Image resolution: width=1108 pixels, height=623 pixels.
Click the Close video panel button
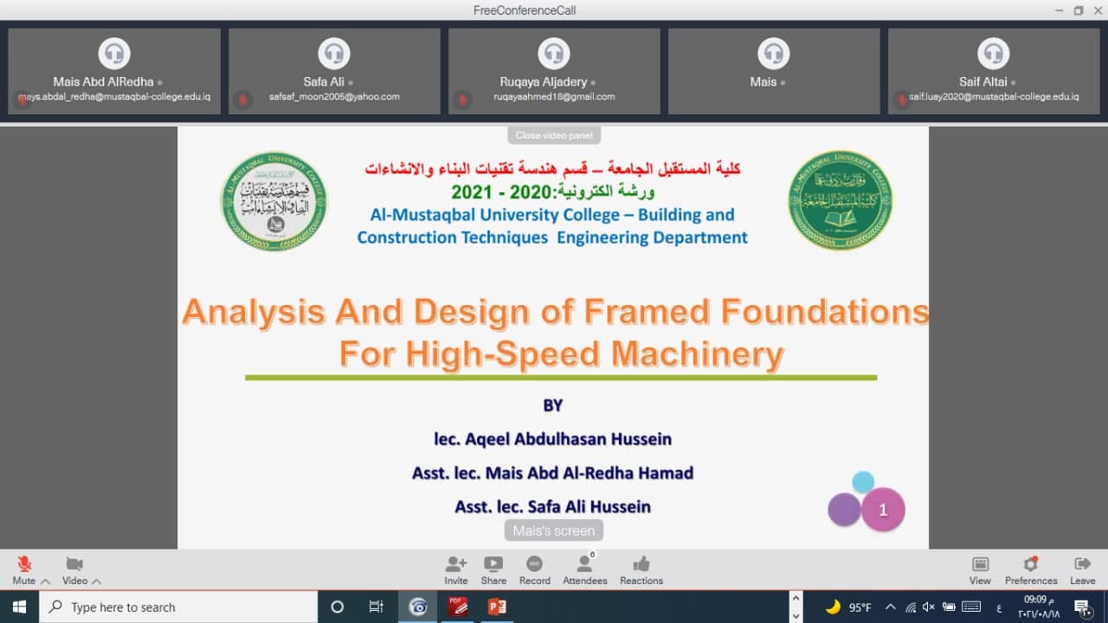coord(553,135)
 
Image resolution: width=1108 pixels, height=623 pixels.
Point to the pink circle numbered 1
coord(883,510)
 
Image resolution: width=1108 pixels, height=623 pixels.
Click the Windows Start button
coord(19,607)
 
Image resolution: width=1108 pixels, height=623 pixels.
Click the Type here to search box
coord(178,607)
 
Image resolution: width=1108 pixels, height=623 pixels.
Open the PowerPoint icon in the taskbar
coord(497,607)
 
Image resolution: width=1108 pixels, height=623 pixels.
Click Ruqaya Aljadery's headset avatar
coord(554,54)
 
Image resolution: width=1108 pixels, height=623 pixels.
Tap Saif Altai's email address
coord(994,97)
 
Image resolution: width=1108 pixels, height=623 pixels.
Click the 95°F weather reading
coord(860,607)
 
